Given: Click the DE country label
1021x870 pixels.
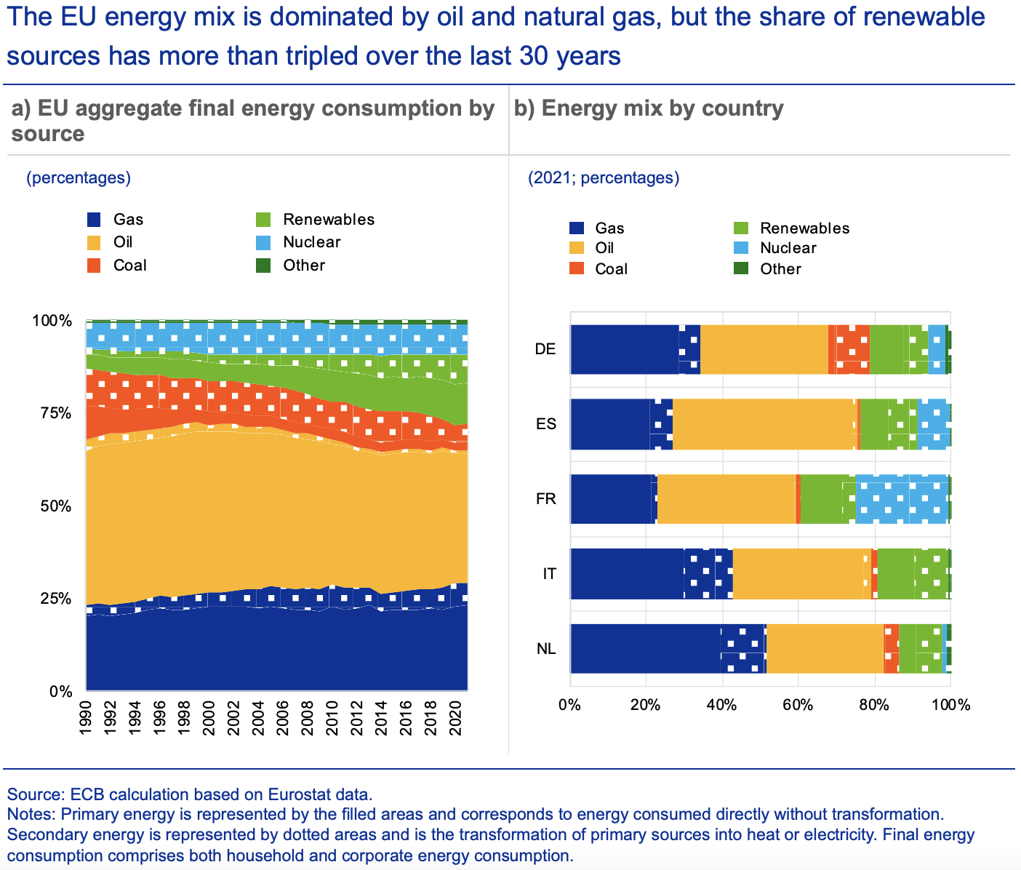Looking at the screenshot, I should [x=545, y=349].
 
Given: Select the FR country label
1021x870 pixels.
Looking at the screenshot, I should [x=545, y=499].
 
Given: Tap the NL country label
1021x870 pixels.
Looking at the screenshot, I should [x=546, y=648].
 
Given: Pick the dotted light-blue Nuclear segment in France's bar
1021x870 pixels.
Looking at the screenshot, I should [x=902, y=499].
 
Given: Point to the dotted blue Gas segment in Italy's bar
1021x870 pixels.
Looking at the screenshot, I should [x=708, y=574].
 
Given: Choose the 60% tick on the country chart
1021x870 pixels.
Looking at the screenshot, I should [x=798, y=705].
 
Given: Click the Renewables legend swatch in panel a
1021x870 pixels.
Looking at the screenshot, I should [x=263, y=220].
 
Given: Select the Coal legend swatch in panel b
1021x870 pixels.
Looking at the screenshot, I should [x=577, y=269].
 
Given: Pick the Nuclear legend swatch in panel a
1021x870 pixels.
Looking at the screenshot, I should [x=263, y=242].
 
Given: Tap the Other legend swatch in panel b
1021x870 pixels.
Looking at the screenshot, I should [x=742, y=269].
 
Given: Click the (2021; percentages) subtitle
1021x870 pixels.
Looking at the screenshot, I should [x=604, y=178].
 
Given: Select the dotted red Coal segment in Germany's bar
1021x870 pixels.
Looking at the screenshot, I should [x=852, y=349].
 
